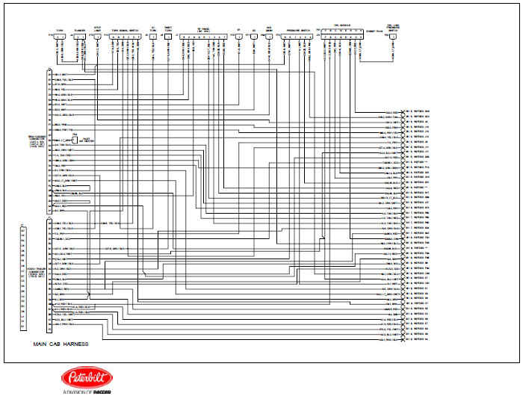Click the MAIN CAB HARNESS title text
coord(61,344)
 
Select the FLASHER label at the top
coord(80,30)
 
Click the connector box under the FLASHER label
coord(80,36)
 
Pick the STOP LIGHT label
coord(96,29)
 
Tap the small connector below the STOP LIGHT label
coord(96,36)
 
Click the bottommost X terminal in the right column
coord(403,340)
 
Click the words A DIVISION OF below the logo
coord(75,392)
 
